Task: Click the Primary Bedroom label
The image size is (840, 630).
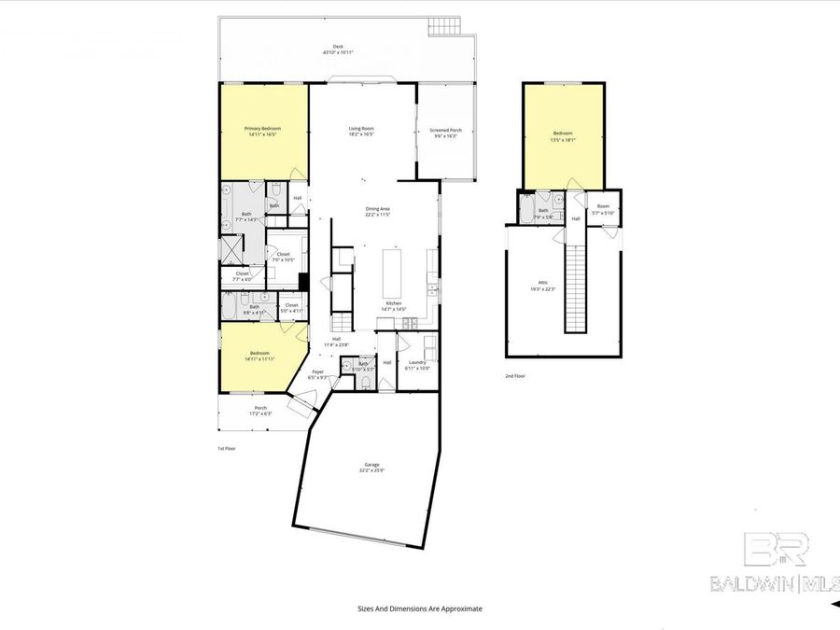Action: (262, 132)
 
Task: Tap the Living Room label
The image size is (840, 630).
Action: (361, 132)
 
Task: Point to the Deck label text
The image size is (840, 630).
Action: (337, 49)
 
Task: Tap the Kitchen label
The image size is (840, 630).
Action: (394, 305)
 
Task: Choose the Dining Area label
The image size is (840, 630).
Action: (377, 211)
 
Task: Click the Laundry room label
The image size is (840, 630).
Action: (417, 365)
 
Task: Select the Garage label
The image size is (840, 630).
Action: (371, 467)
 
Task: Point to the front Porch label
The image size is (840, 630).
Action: (260, 410)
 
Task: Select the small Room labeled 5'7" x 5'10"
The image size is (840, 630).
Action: (603, 209)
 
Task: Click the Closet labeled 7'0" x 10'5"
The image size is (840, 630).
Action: (283, 256)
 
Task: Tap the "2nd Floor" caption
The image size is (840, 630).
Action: (516, 377)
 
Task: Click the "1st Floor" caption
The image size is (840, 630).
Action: (227, 448)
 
